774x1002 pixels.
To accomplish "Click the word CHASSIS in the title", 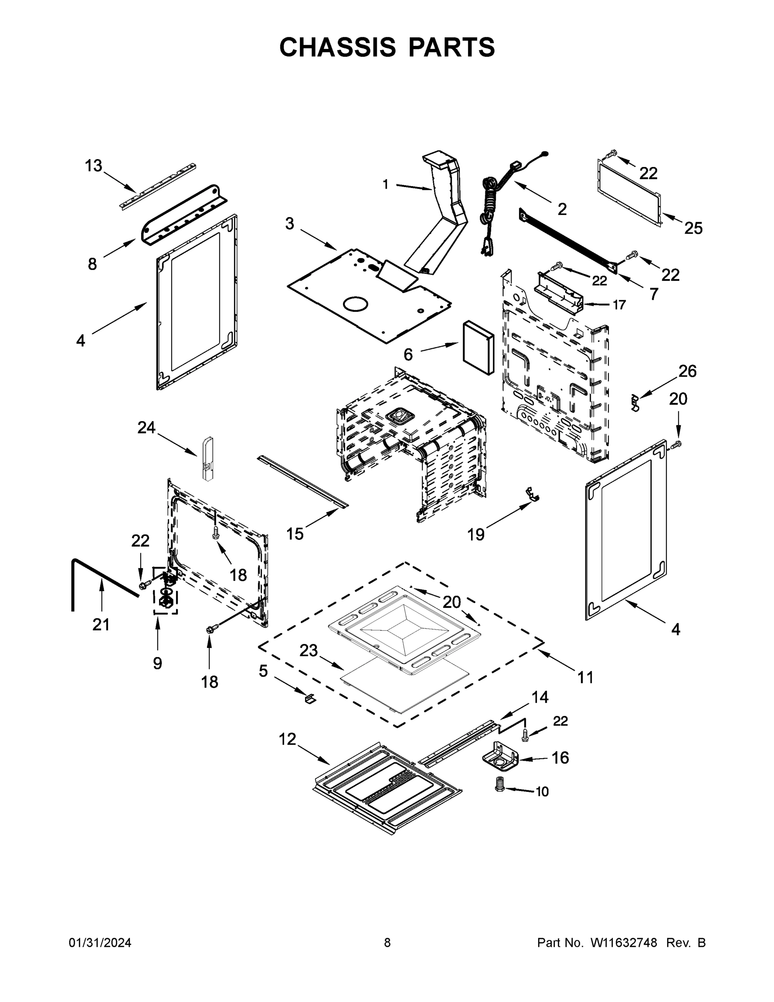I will coord(338,47).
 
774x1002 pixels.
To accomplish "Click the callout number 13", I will coord(93,166).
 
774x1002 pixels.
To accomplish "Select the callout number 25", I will coord(693,228).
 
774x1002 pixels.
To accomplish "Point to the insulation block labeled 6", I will coord(478,348).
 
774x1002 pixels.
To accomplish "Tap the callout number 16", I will coord(560,758).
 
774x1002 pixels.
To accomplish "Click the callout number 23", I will coord(309,650).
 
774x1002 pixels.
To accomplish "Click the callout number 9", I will coord(157,663).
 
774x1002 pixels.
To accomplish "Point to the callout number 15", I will coord(295,534).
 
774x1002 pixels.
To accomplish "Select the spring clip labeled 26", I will coord(635,402).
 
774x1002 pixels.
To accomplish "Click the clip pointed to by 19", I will coord(532,494).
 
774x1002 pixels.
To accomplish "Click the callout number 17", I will coord(619,305).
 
